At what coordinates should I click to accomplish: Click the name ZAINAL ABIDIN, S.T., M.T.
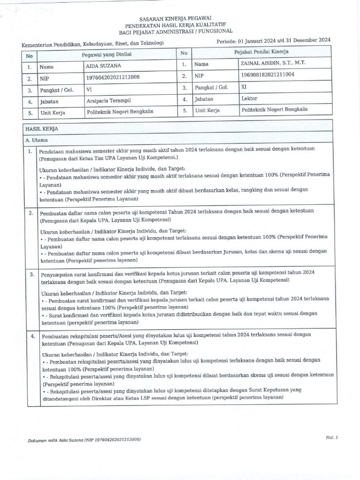tap(273, 63)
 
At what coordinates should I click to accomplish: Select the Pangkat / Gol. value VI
tap(90, 89)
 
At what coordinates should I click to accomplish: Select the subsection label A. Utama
tap(35, 140)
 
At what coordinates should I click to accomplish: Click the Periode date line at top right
tap(274, 41)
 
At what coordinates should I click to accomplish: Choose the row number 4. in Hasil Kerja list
tap(32, 337)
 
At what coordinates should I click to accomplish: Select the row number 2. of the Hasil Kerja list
tap(30, 213)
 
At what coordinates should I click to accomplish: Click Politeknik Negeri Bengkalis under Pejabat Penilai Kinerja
tap(274, 110)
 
